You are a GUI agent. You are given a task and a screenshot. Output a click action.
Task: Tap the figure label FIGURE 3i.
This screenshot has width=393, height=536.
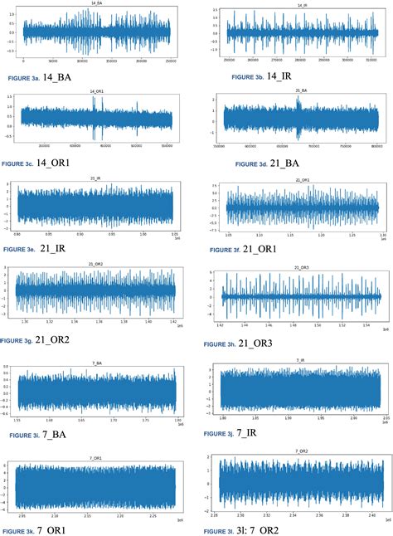click(23, 433)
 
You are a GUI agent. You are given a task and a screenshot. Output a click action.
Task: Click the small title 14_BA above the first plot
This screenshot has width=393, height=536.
click(96, 4)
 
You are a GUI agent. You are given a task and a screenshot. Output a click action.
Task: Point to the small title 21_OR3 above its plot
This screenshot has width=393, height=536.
click(302, 268)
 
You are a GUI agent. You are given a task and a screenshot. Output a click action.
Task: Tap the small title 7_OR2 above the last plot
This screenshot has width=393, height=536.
click(302, 451)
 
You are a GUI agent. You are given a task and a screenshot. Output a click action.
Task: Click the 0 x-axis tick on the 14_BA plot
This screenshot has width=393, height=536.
click(23, 61)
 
